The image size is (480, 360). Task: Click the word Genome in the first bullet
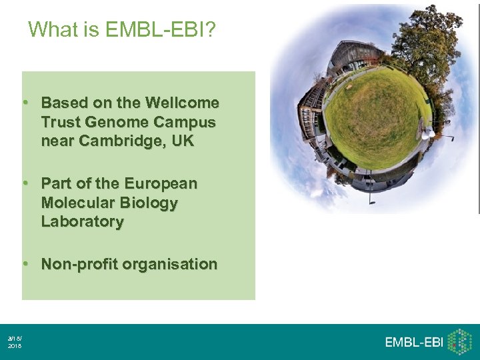[124, 123]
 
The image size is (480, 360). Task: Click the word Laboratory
[82, 222]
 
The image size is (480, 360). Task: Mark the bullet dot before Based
[25, 103]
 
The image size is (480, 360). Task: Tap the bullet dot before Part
[25, 183]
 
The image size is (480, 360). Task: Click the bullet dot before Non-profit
[25, 263]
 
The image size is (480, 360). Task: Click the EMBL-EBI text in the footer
[414, 342]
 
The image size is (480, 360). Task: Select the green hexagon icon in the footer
[460, 341]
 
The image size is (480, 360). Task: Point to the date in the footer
[14, 343]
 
